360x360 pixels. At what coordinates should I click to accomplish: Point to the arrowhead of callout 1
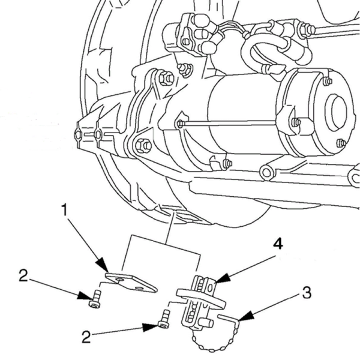click(106, 268)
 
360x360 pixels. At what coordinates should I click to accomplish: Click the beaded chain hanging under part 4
click(210, 346)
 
